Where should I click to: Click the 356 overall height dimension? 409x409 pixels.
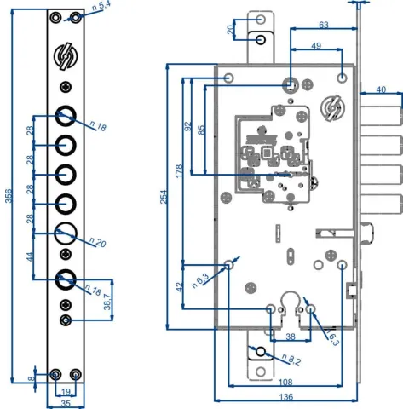9,196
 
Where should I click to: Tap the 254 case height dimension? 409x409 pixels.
164,197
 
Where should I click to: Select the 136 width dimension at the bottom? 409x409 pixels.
286,396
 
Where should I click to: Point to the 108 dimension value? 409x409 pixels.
285,382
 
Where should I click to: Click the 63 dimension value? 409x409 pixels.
324,25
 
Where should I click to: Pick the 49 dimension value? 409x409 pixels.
316,46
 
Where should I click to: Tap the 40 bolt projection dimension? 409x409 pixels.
381,89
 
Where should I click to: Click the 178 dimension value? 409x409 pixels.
179,171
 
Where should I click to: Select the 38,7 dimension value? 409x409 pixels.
107,302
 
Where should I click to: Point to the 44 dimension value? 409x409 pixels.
30,256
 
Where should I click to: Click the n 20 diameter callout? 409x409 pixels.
98,242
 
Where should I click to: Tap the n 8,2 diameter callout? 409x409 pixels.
291,360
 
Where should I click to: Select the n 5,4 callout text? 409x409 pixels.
101,6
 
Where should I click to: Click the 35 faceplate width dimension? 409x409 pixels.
66,403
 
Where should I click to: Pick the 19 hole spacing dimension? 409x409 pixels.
66,392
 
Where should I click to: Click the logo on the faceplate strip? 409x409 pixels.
66,56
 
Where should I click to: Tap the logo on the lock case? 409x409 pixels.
332,108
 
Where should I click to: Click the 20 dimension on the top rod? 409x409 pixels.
230,30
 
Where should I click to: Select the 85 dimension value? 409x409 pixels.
201,130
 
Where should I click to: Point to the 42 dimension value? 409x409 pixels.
179,287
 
